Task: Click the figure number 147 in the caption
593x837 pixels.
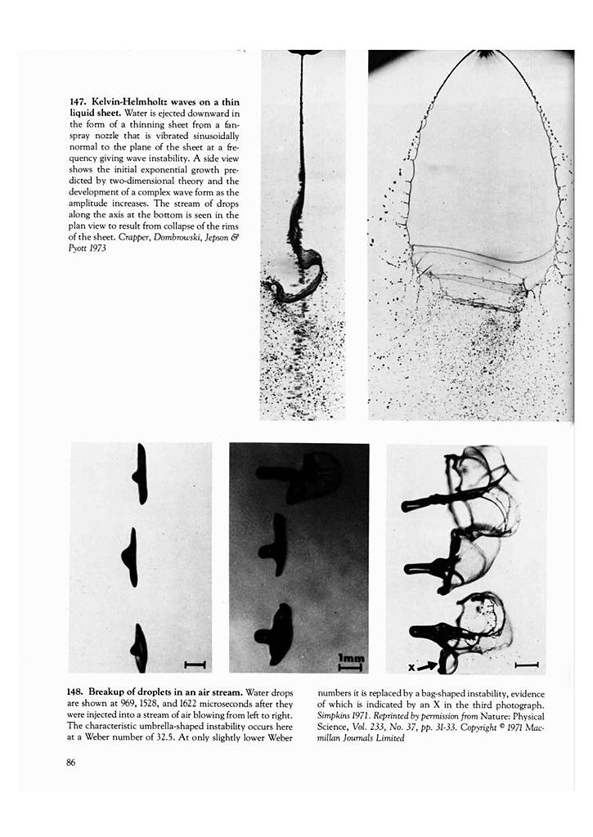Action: click(x=78, y=101)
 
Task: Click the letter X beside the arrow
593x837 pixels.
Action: click(x=411, y=668)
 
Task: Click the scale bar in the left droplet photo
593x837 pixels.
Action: click(x=195, y=665)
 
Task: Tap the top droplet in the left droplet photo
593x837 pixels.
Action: click(x=141, y=474)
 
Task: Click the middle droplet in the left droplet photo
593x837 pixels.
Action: click(x=130, y=557)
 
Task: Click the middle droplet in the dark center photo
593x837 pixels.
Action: click(x=276, y=545)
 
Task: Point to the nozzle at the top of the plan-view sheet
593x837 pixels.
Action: click(x=487, y=54)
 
